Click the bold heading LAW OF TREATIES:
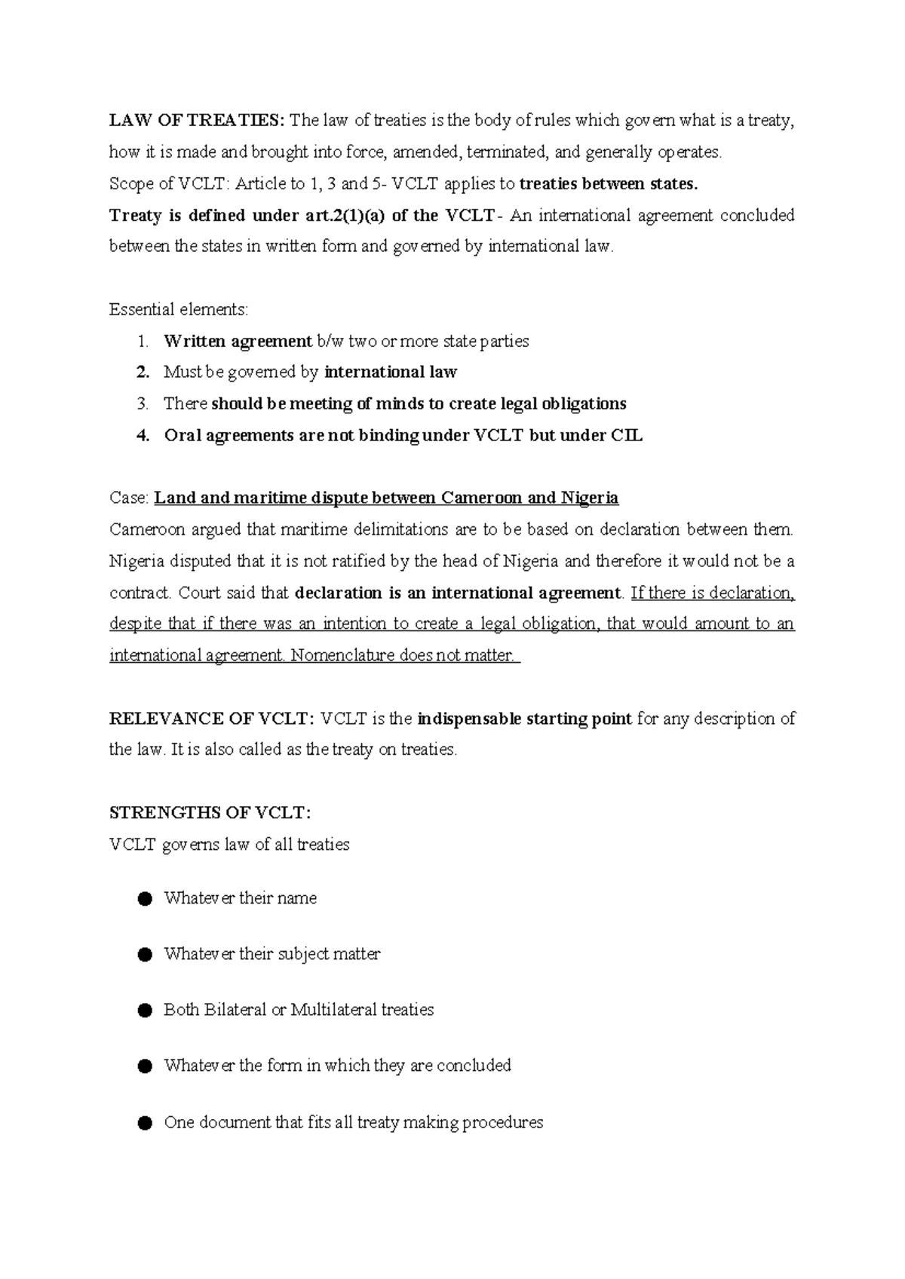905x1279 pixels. [197, 121]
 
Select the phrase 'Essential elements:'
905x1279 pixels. [178, 309]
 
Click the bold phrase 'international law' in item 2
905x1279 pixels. [390, 372]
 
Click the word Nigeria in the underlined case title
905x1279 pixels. [590, 498]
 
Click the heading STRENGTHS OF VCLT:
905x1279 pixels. [210, 813]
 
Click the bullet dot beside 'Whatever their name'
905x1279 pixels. [146, 898]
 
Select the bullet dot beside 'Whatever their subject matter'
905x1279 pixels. [146, 954]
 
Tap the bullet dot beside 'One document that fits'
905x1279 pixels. [146, 1123]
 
